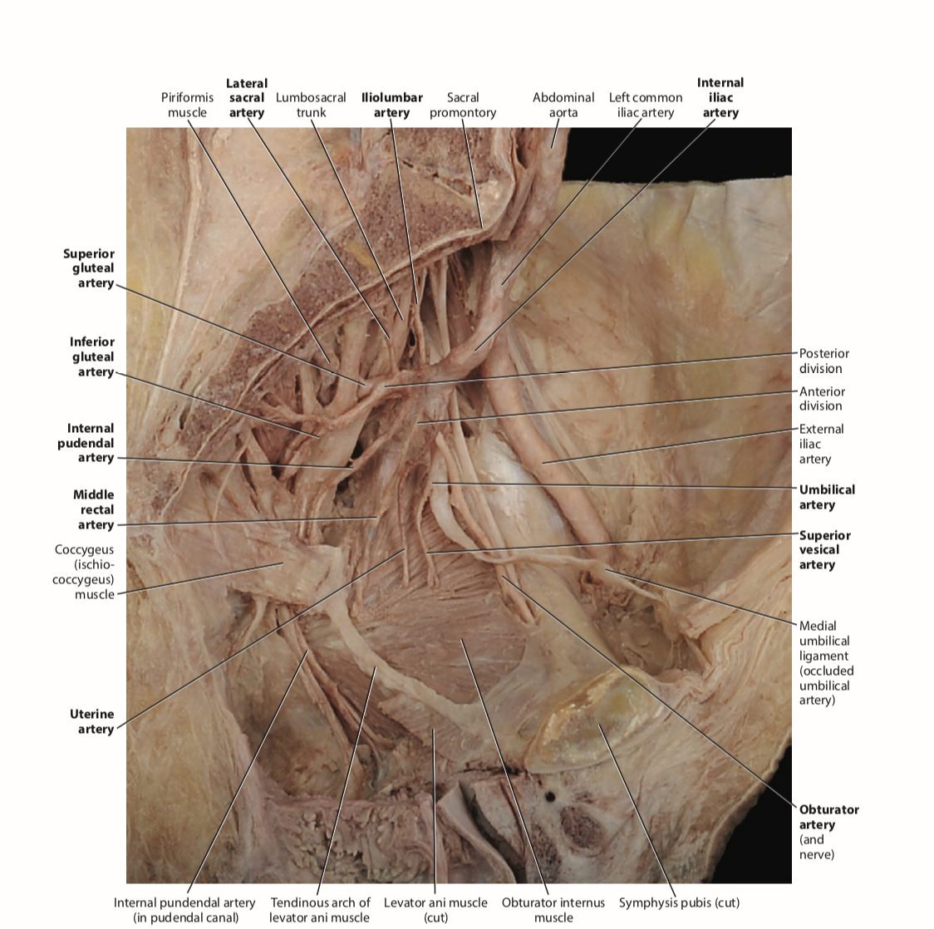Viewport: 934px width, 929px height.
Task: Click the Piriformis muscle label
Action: click(187, 105)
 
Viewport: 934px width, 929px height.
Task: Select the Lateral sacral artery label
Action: click(247, 98)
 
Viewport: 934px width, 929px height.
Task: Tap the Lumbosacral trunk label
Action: click(311, 105)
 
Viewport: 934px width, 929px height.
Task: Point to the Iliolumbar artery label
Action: click(392, 105)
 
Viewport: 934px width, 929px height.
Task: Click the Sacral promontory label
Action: click(463, 105)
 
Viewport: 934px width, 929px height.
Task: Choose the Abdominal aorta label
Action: click(563, 105)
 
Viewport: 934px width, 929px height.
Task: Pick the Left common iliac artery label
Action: click(646, 105)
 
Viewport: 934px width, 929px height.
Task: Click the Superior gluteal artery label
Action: click(89, 268)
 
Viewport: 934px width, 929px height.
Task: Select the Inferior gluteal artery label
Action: click(92, 356)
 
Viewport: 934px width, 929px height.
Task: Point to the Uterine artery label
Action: click(92, 721)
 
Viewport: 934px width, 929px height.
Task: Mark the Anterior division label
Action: click(821, 398)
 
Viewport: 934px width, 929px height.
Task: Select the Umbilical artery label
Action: click(826, 497)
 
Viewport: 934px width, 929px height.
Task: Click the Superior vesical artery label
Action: click(824, 550)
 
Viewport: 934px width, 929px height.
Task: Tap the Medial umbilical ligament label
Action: click(826, 662)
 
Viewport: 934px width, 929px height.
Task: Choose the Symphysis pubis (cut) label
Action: click(679, 902)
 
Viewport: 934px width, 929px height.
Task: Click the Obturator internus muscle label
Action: click(553, 910)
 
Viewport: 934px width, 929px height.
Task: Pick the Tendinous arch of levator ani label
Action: click(320, 910)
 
